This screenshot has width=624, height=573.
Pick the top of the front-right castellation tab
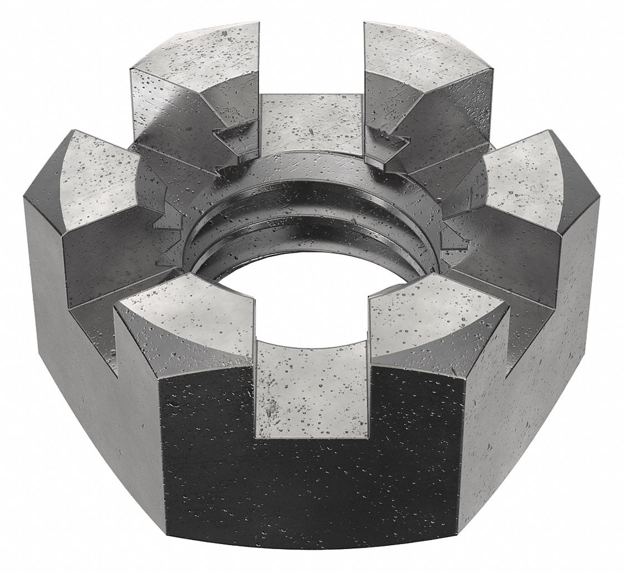click(x=438, y=316)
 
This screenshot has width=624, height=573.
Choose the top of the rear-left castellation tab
click(x=194, y=55)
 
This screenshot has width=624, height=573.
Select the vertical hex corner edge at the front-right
click(x=460, y=444)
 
